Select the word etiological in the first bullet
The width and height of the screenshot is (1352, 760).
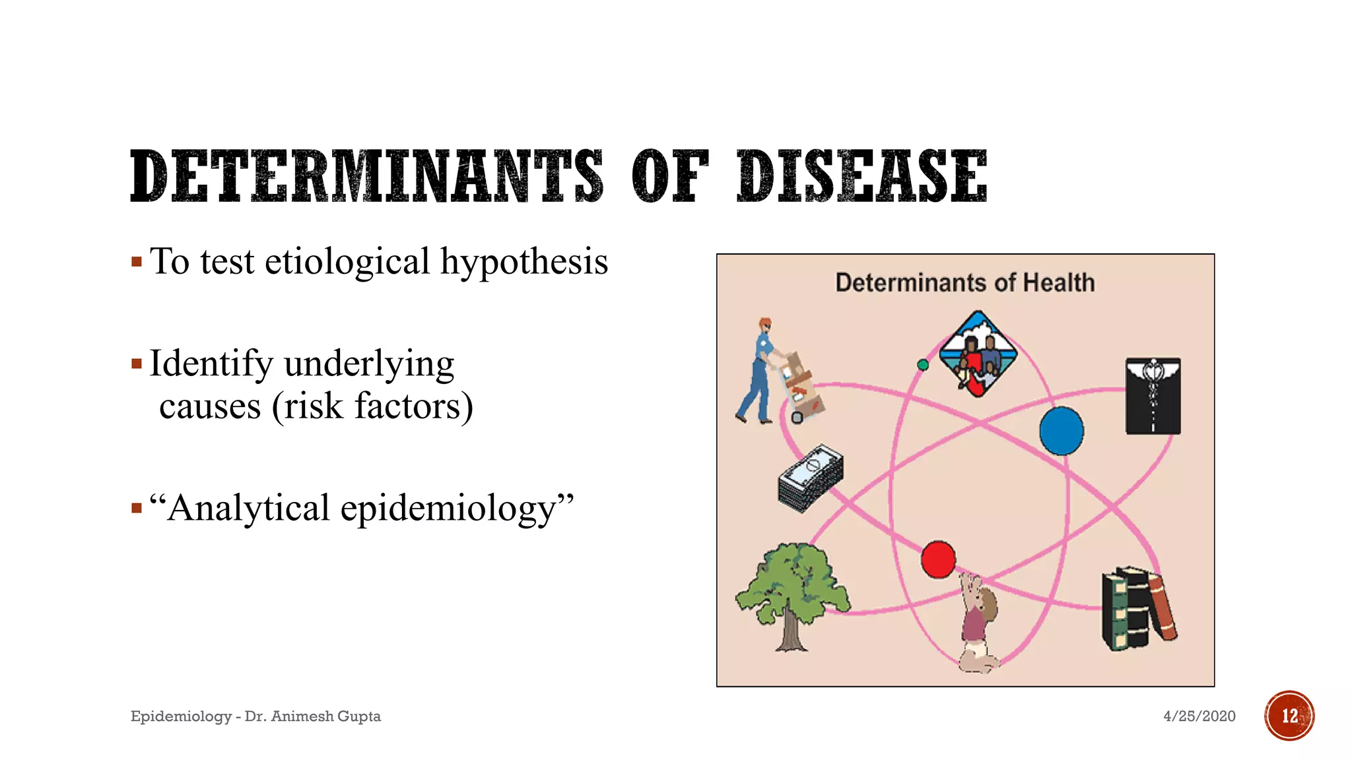click(x=348, y=262)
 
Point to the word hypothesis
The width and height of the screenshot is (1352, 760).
click(x=524, y=263)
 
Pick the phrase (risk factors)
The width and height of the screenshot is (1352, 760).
click(x=372, y=406)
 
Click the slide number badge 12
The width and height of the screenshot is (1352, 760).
click(x=1289, y=716)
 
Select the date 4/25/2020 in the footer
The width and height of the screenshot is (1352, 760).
click(x=1199, y=716)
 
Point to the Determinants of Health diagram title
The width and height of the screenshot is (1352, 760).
click(x=965, y=283)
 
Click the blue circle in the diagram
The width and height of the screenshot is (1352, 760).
click(x=1062, y=431)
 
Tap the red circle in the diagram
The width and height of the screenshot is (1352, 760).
click(x=938, y=559)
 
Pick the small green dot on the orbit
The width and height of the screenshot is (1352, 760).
click(x=923, y=365)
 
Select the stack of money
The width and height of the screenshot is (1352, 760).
click(x=811, y=478)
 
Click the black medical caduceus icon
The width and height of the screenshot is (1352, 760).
click(x=1153, y=396)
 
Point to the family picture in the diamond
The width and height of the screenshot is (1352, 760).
click(x=978, y=354)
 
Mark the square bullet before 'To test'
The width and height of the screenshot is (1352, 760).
click(x=137, y=262)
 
